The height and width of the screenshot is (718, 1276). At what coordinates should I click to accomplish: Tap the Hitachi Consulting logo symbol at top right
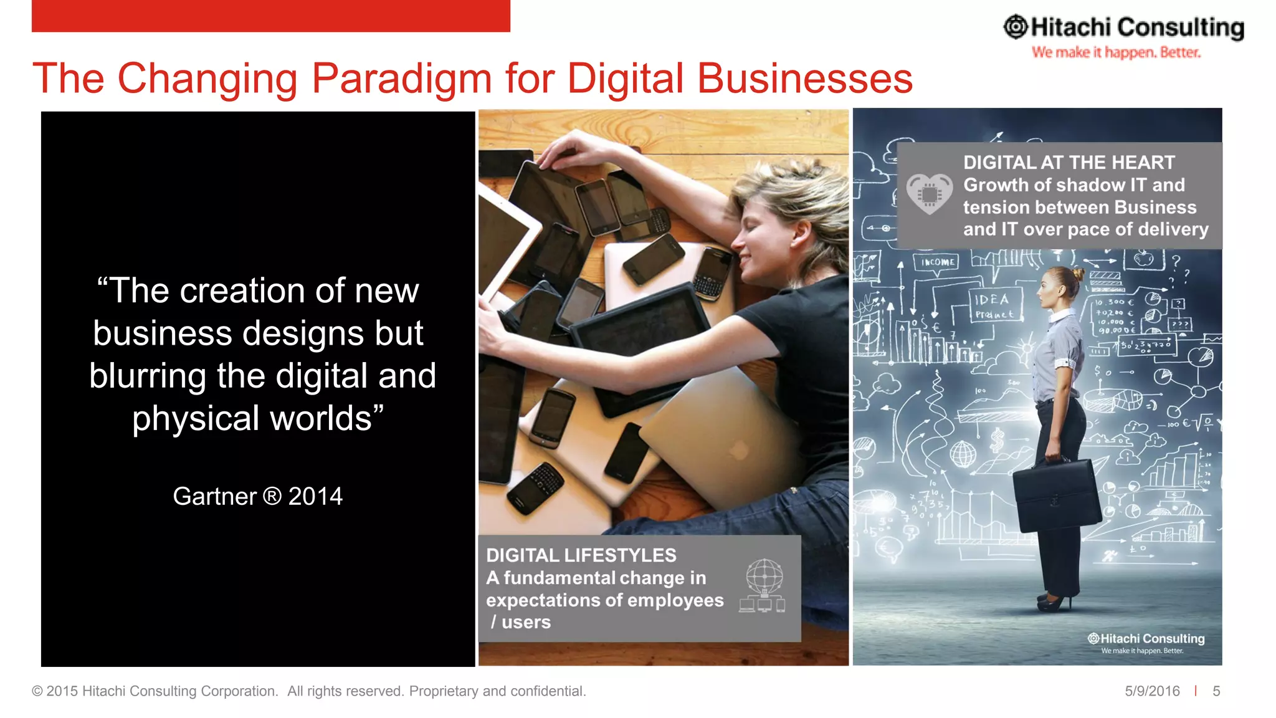[1016, 27]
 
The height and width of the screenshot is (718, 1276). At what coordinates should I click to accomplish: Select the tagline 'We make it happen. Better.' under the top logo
[1116, 52]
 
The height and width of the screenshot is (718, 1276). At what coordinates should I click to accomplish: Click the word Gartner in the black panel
[214, 497]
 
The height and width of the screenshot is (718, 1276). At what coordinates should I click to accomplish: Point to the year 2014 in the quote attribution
[315, 497]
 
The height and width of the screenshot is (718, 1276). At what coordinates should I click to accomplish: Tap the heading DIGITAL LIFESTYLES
[581, 555]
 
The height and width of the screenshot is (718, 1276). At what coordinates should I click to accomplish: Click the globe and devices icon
[763, 585]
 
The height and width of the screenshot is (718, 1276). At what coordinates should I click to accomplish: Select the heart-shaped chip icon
[929, 194]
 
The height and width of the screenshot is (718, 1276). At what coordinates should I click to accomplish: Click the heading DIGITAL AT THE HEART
[1069, 163]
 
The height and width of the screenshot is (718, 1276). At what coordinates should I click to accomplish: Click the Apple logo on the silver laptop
[739, 450]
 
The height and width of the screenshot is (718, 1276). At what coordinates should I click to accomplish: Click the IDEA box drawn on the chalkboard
[995, 305]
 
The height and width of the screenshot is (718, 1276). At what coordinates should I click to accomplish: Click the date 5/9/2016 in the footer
[1152, 691]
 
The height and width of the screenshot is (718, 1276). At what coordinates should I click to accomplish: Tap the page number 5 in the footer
[1216, 691]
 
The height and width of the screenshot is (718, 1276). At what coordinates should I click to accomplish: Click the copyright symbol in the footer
[37, 691]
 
